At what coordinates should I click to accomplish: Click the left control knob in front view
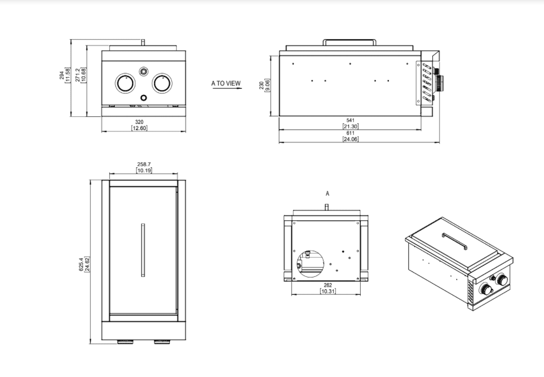click(125, 84)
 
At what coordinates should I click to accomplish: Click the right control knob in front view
click(162, 84)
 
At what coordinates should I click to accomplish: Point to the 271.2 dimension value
click(78, 75)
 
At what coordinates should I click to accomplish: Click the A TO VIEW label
click(226, 84)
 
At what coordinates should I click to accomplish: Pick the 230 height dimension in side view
click(261, 85)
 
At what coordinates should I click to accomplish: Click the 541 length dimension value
click(350, 120)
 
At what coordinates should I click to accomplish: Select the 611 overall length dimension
click(350, 133)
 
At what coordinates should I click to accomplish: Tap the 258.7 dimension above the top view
click(144, 164)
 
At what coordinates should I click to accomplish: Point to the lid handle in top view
click(143, 250)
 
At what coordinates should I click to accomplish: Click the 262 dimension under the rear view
click(328, 285)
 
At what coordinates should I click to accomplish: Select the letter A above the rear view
click(328, 194)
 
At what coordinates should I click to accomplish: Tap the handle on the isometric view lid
click(455, 240)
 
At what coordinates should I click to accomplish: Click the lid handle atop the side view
click(350, 41)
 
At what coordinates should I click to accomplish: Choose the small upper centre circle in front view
click(144, 70)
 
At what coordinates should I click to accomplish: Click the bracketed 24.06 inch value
click(350, 139)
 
